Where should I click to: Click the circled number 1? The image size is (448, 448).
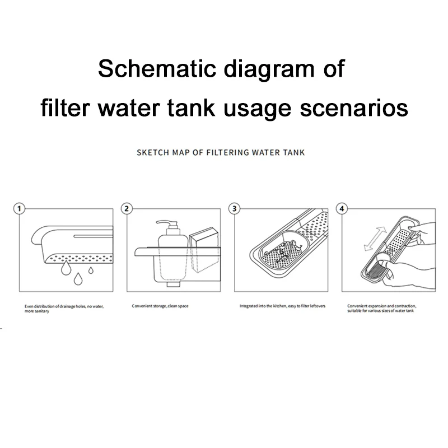pyautogui.click(x=20, y=209)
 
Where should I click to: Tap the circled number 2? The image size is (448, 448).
pyautogui.click(x=127, y=209)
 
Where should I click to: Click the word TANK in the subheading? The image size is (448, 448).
pyautogui.click(x=293, y=152)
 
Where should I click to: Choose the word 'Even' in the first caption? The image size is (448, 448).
pyautogui.click(x=29, y=306)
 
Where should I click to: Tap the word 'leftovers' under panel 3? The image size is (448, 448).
pyautogui.click(x=315, y=306)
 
